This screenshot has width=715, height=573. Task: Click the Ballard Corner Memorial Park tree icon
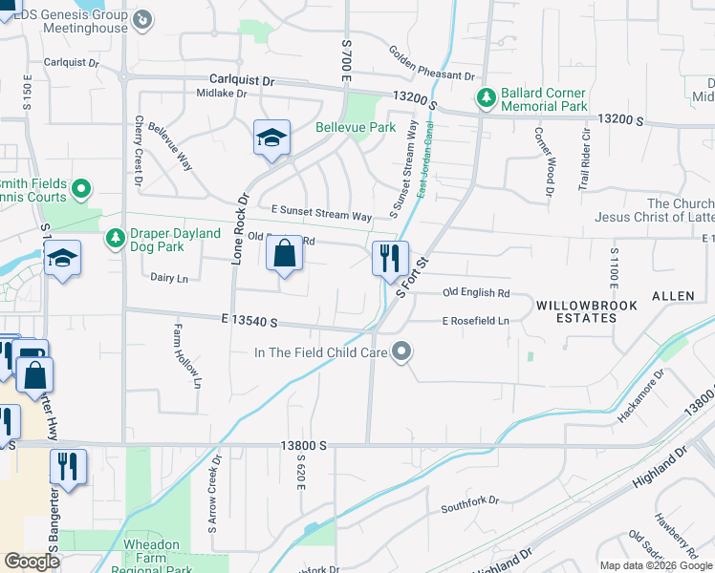point(486,97)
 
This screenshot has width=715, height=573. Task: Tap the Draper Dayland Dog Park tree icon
point(115,235)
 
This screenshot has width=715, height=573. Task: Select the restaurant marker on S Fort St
point(390,259)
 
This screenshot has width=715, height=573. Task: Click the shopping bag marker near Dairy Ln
point(284,255)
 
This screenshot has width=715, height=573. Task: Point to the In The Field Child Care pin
point(402,352)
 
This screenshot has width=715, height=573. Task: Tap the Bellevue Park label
point(356,127)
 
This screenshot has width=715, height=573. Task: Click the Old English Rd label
point(476,293)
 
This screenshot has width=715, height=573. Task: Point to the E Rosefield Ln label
point(475,322)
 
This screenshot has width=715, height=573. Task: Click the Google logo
point(32,561)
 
